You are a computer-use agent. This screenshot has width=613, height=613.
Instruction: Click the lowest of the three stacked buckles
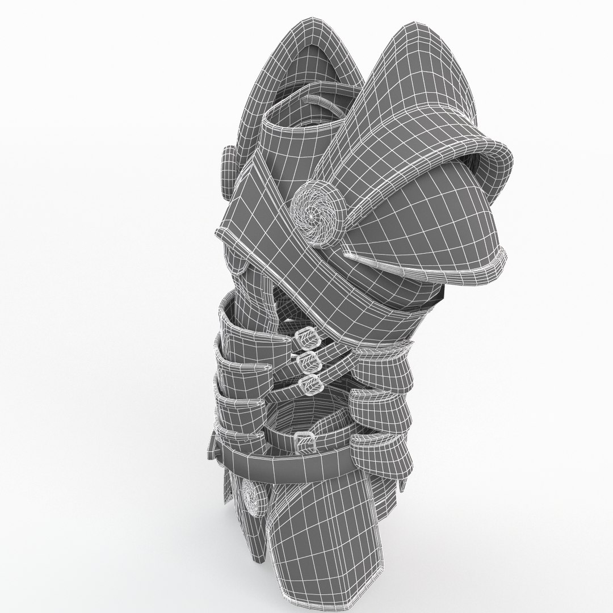click(x=309, y=382)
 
